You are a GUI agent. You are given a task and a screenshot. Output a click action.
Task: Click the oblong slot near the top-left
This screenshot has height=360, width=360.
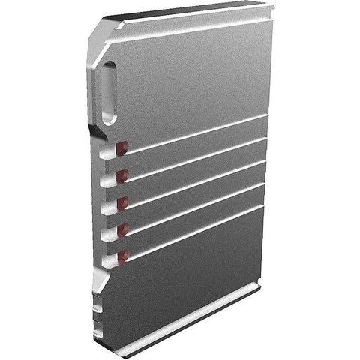(x=109, y=93)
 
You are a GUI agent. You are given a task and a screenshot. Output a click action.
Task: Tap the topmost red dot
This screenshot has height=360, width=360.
(x=121, y=148)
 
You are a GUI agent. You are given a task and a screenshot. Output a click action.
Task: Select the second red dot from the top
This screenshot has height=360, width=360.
(x=121, y=175)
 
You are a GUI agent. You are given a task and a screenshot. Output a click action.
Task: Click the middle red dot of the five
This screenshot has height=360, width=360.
(x=121, y=202)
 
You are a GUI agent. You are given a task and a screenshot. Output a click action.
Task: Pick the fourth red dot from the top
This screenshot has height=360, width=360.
(x=122, y=229)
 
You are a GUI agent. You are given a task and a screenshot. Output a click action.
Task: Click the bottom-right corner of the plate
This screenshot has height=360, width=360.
(x=259, y=286)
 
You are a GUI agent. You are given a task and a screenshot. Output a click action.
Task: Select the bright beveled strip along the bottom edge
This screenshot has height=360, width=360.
(x=195, y=318)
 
